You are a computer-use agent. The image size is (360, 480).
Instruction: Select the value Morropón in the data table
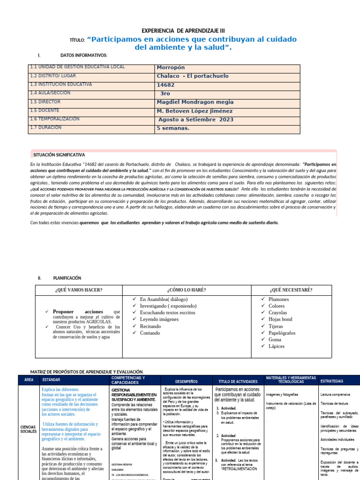[172, 67]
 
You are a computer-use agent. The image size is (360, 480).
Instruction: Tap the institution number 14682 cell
[165, 85]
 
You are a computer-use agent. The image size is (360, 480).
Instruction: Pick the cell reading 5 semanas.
[173, 128]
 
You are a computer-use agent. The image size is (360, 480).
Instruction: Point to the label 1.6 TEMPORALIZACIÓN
[54, 119]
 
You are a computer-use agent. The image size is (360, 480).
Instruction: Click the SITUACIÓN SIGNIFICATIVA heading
[59, 155]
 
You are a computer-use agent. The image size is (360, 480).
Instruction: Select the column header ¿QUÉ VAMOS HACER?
[78, 290]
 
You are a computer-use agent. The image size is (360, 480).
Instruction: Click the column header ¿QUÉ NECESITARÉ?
[291, 290]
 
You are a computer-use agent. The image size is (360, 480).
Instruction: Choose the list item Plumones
[278, 300]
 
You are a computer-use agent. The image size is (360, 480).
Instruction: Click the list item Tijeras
[276, 326]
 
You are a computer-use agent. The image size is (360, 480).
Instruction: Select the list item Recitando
[150, 326]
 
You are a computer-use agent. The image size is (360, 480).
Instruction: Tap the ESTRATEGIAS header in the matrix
[332, 381]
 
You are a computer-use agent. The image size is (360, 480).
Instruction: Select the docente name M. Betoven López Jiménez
[195, 111]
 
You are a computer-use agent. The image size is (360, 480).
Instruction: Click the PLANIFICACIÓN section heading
[67, 278]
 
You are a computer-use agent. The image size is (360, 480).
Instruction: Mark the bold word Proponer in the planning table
[67, 312]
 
